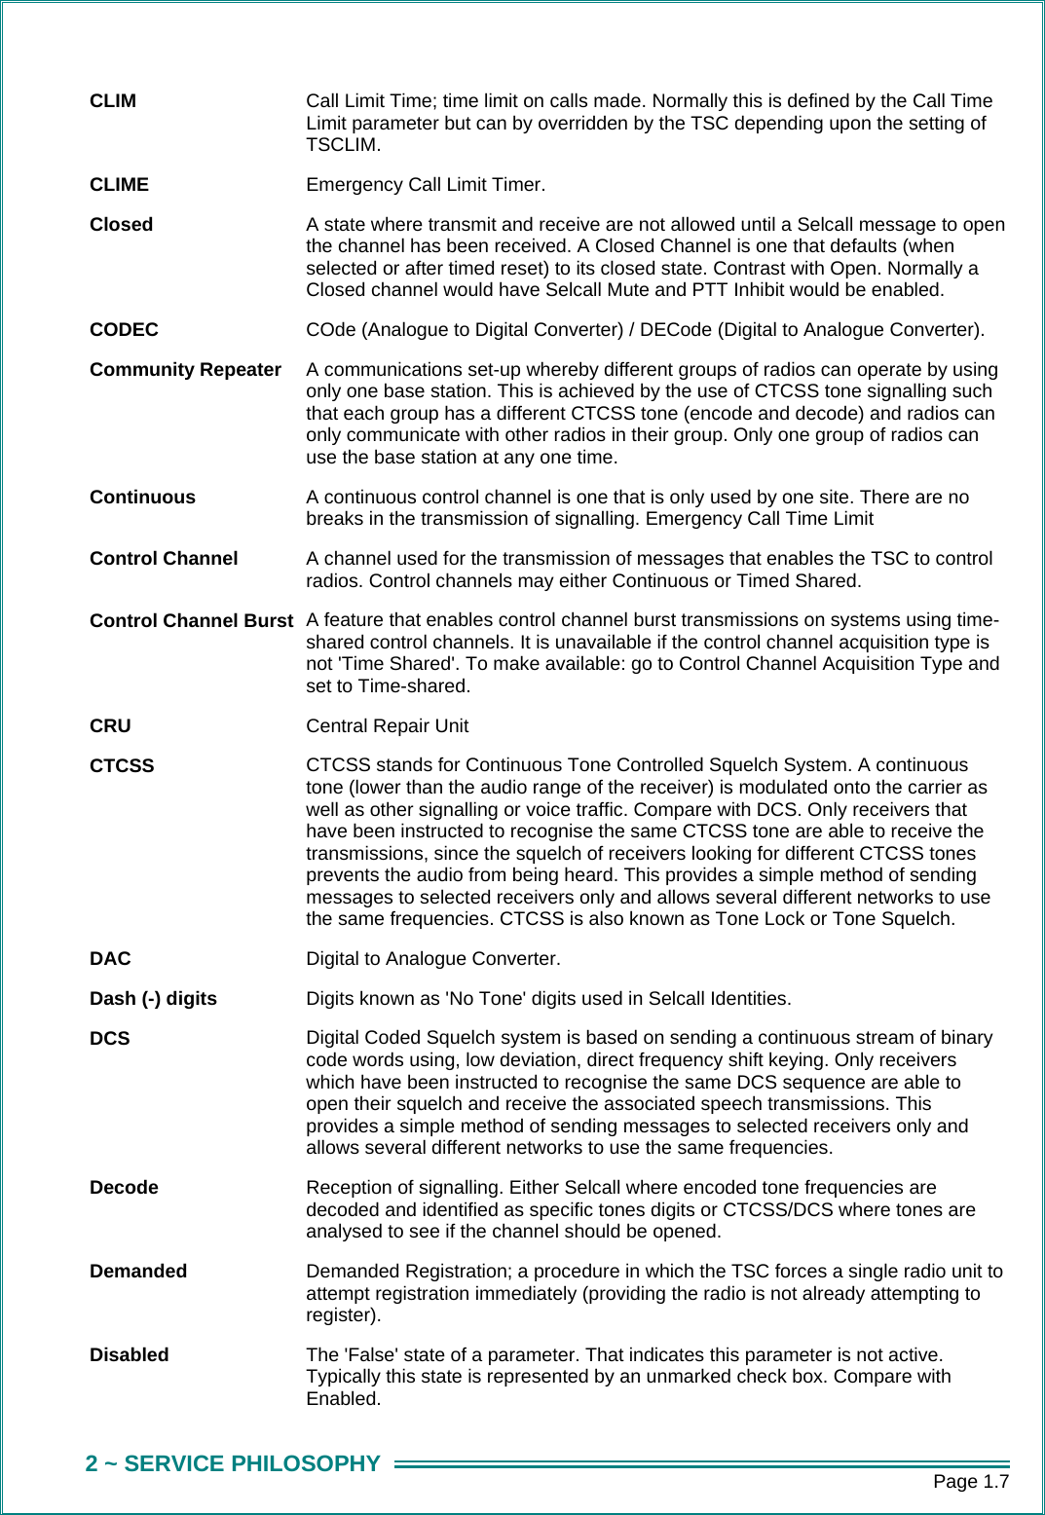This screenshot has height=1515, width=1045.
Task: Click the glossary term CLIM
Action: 113,101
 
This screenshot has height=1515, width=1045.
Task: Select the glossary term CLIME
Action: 119,185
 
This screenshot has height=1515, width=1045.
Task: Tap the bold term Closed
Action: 121,225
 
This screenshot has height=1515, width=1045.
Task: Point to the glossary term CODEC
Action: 124,330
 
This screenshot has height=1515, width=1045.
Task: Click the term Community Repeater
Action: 185,370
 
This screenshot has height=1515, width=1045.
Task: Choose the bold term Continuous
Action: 142,498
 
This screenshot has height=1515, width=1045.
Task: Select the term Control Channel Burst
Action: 191,621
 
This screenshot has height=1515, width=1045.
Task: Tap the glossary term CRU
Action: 110,726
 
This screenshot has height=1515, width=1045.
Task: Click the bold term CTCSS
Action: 122,766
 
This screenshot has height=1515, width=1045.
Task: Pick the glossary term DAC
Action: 110,959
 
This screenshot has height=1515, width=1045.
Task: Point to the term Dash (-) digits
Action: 153,999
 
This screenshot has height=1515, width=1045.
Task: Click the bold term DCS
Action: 109,1039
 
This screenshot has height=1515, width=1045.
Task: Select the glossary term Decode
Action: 124,1188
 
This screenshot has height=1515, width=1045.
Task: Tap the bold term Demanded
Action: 138,1272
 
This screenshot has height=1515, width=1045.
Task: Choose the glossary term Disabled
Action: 129,1355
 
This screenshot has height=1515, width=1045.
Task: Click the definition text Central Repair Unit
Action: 387,726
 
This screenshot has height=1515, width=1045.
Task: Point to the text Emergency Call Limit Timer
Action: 425,185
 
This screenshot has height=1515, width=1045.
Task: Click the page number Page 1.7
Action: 970,1482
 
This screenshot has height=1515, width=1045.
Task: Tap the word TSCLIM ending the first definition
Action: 341,145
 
